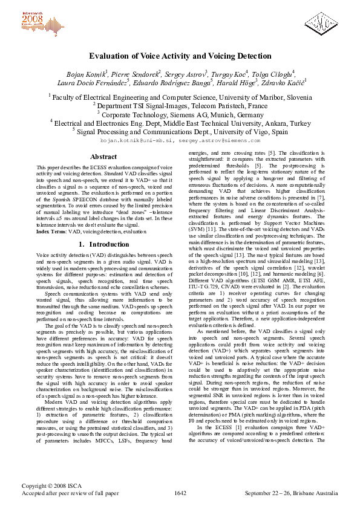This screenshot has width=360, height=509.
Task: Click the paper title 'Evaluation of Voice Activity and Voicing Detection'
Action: (x=180, y=55)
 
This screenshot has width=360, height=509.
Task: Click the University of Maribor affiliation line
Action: (x=180, y=97)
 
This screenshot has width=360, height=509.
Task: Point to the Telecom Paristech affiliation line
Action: (x=180, y=105)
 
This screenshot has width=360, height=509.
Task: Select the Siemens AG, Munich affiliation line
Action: (x=180, y=112)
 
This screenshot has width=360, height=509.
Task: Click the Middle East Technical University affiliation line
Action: (x=180, y=121)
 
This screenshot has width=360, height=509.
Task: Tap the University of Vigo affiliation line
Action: (x=180, y=129)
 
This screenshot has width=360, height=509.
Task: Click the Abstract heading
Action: (x=103, y=157)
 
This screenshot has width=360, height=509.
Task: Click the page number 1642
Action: (x=180, y=493)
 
